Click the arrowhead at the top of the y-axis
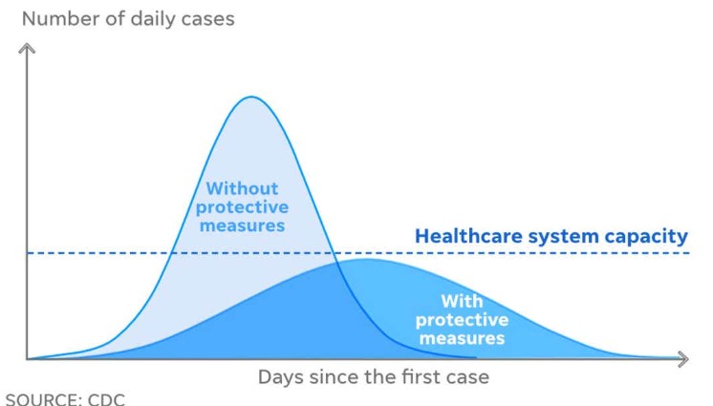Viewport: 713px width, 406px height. [x=27, y=48]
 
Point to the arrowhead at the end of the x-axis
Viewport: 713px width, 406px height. [x=683, y=359]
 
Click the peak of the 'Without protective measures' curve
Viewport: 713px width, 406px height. [x=252, y=96]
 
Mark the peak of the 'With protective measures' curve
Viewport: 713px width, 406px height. [x=365, y=260]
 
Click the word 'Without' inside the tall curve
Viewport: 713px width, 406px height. [x=242, y=188]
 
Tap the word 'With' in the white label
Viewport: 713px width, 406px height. [x=462, y=301]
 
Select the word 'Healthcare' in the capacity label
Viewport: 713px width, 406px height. [x=468, y=236]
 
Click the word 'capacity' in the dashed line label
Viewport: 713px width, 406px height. [x=646, y=237]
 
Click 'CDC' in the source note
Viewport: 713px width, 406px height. [x=106, y=399]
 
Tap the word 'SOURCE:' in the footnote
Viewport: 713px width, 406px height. [x=44, y=399]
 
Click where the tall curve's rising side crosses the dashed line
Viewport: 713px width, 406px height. [x=171, y=253]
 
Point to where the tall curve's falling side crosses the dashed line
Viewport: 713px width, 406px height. [x=334, y=253]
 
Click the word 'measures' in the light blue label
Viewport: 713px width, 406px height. [x=243, y=225]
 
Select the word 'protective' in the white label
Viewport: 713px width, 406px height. [x=462, y=321]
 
